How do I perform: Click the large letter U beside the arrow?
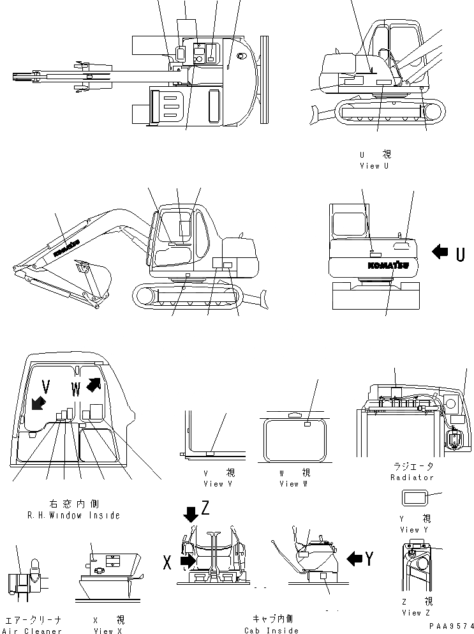pyautogui.click(x=460, y=253)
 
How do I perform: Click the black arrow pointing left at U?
pyautogui.click(x=440, y=253)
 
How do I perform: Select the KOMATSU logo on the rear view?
pyautogui.click(x=387, y=264)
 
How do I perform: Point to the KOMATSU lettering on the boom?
pyautogui.click(x=66, y=248)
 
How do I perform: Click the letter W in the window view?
pyautogui.click(x=77, y=388)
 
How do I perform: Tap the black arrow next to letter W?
pyautogui.click(x=93, y=384)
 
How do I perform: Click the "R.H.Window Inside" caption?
pyautogui.click(x=64, y=515)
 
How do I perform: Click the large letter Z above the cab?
pyautogui.click(x=205, y=508)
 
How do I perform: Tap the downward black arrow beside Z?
pyautogui.click(x=191, y=513)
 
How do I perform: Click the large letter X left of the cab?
pyautogui.click(x=168, y=562)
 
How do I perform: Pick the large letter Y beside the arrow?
pyautogui.click(x=369, y=559)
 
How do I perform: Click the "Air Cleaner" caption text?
pyautogui.click(x=33, y=631)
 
